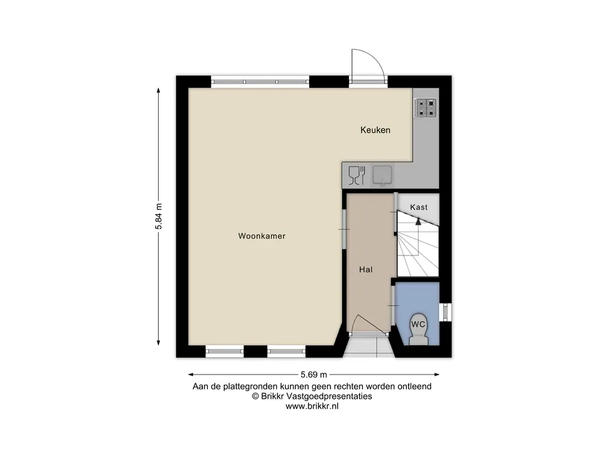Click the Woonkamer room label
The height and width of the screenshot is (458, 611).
262,236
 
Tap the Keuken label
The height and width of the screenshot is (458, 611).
375,130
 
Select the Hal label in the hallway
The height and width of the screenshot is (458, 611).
366,270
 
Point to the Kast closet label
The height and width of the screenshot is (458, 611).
418,207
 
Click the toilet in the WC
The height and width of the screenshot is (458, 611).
418,329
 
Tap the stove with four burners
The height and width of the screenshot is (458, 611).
425,109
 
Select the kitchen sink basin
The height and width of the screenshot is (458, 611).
382,175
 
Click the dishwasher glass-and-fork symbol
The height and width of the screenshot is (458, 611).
357,175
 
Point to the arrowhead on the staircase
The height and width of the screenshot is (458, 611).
418,221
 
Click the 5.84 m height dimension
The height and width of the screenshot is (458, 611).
159,216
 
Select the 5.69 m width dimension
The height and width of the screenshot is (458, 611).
314,375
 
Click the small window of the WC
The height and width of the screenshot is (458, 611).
445,312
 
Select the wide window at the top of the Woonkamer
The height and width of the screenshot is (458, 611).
260,82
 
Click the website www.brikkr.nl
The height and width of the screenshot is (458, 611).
312,406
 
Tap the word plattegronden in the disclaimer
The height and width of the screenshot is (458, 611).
251,386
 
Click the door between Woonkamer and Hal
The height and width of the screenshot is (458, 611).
344,229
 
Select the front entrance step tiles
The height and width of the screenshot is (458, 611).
369,346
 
